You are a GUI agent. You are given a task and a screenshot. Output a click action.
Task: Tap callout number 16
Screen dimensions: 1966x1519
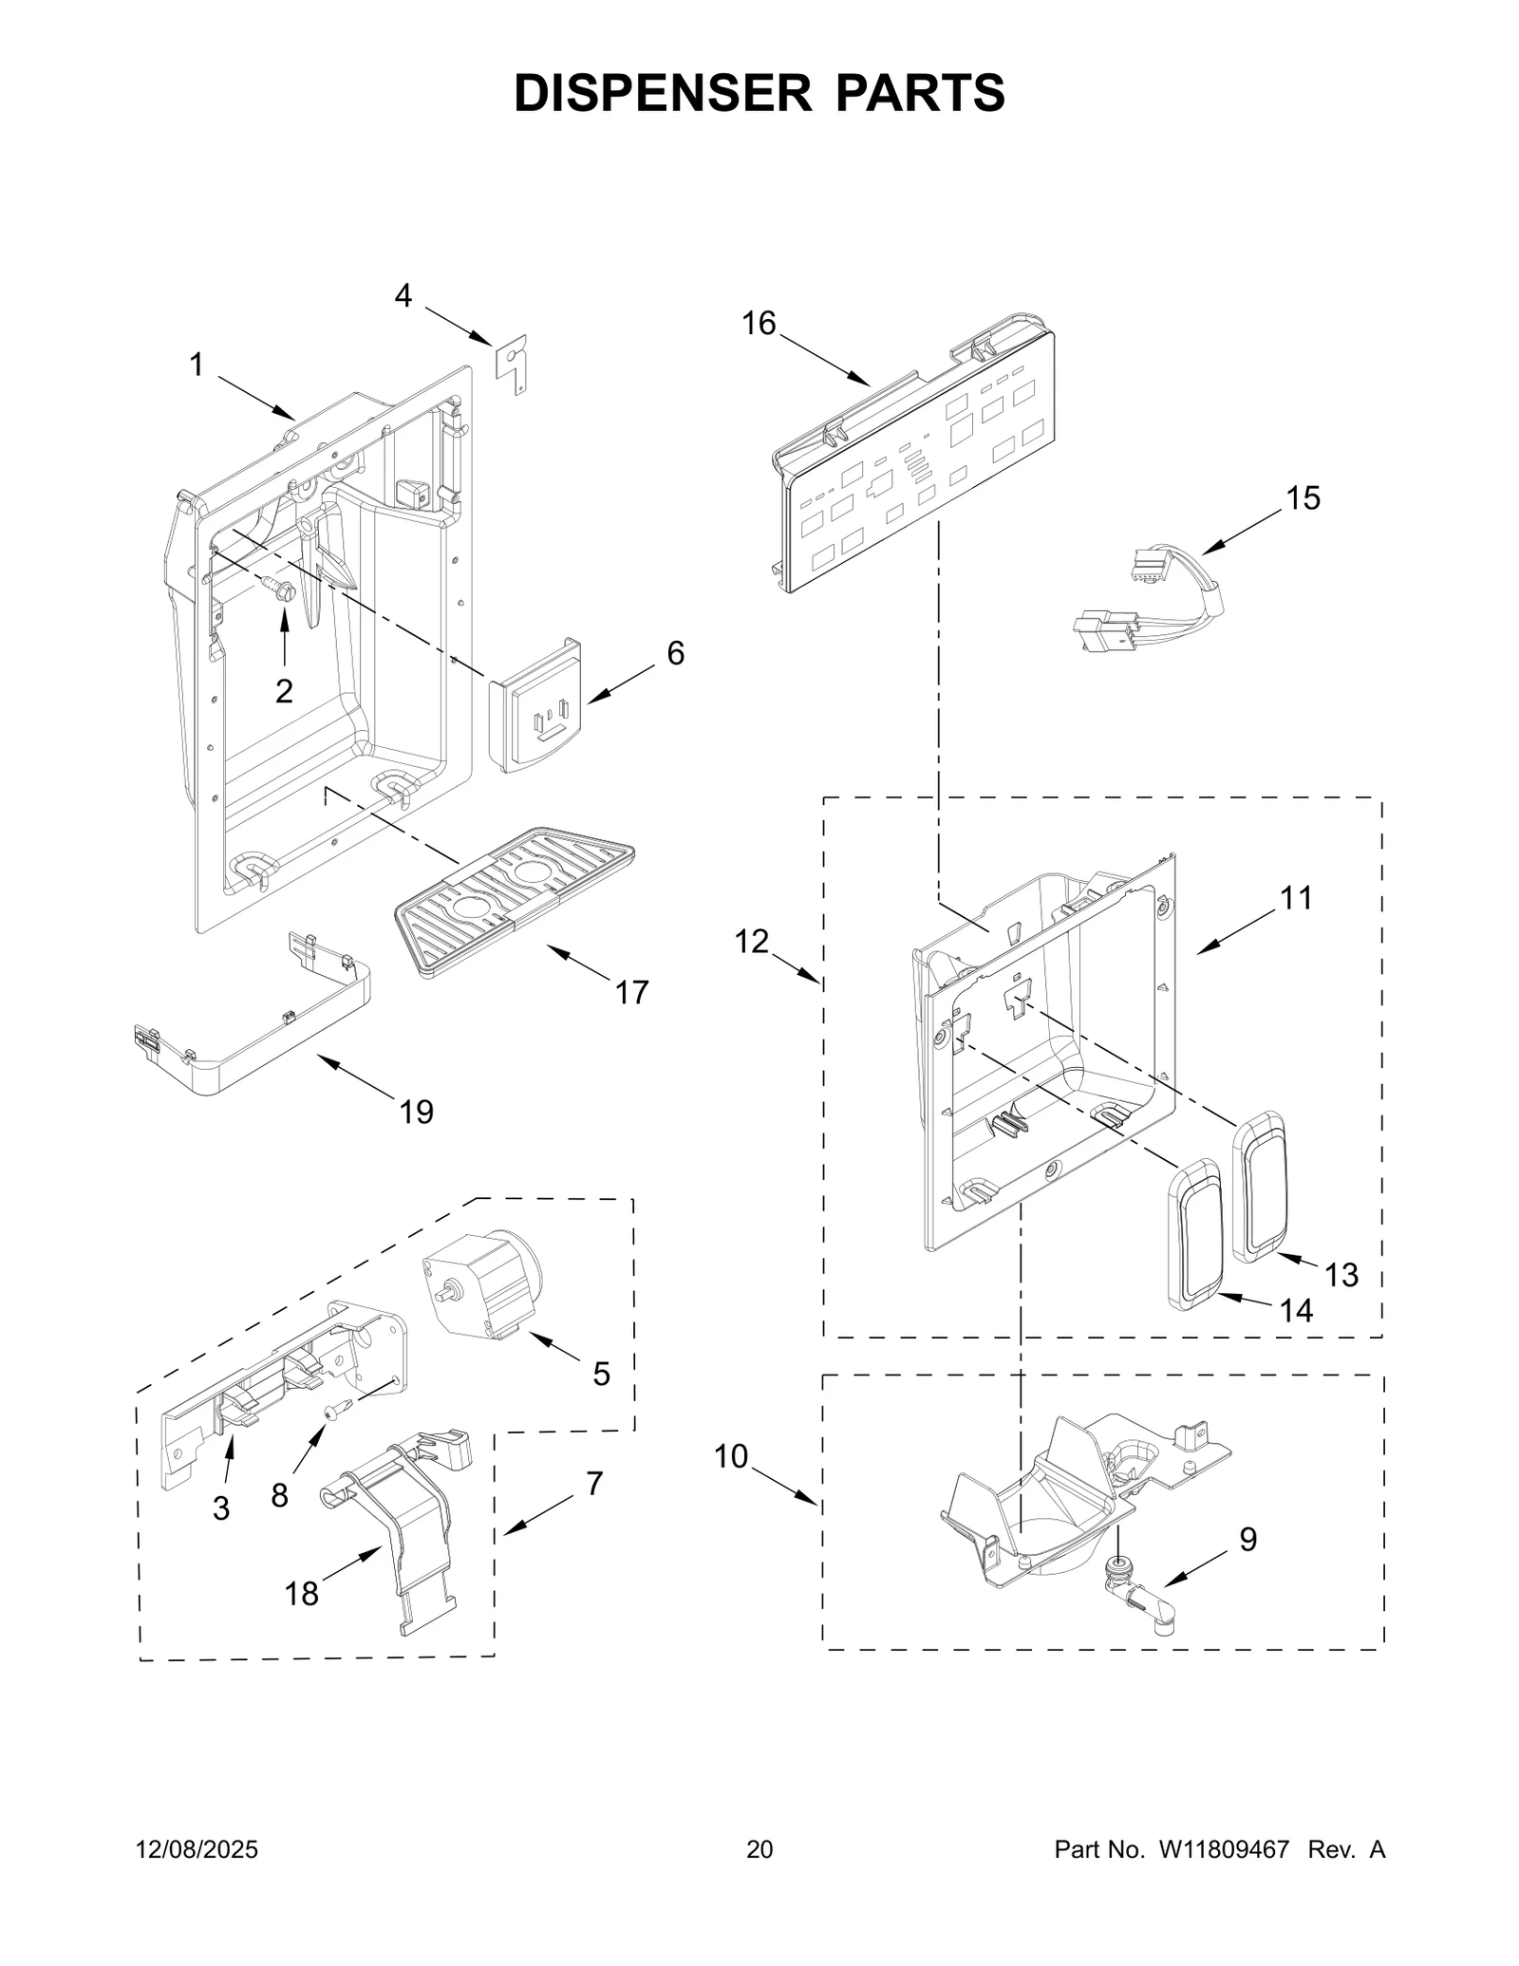click(x=759, y=324)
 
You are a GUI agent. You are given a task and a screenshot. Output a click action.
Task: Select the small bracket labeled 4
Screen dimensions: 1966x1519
click(x=513, y=363)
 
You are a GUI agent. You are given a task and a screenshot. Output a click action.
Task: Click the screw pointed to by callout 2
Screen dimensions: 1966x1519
click(x=282, y=590)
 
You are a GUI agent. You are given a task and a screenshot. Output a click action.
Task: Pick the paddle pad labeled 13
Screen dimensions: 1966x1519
click(x=1259, y=1187)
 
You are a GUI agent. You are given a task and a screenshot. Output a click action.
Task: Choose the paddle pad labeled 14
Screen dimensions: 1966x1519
click(x=1194, y=1234)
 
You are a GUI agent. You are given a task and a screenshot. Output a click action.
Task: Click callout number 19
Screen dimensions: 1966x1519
click(x=416, y=1112)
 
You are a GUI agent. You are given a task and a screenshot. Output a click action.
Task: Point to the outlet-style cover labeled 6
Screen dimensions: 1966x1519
click(x=534, y=705)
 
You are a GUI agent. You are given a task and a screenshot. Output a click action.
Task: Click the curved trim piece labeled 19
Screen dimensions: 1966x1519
click(x=275, y=1054)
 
